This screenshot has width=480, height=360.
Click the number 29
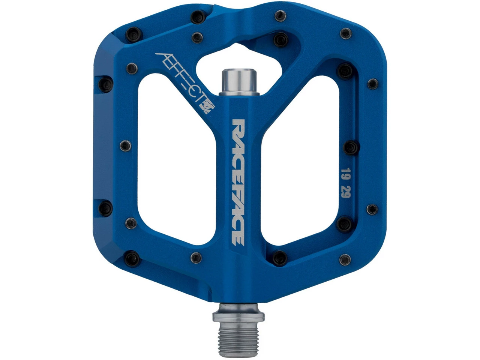344,195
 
